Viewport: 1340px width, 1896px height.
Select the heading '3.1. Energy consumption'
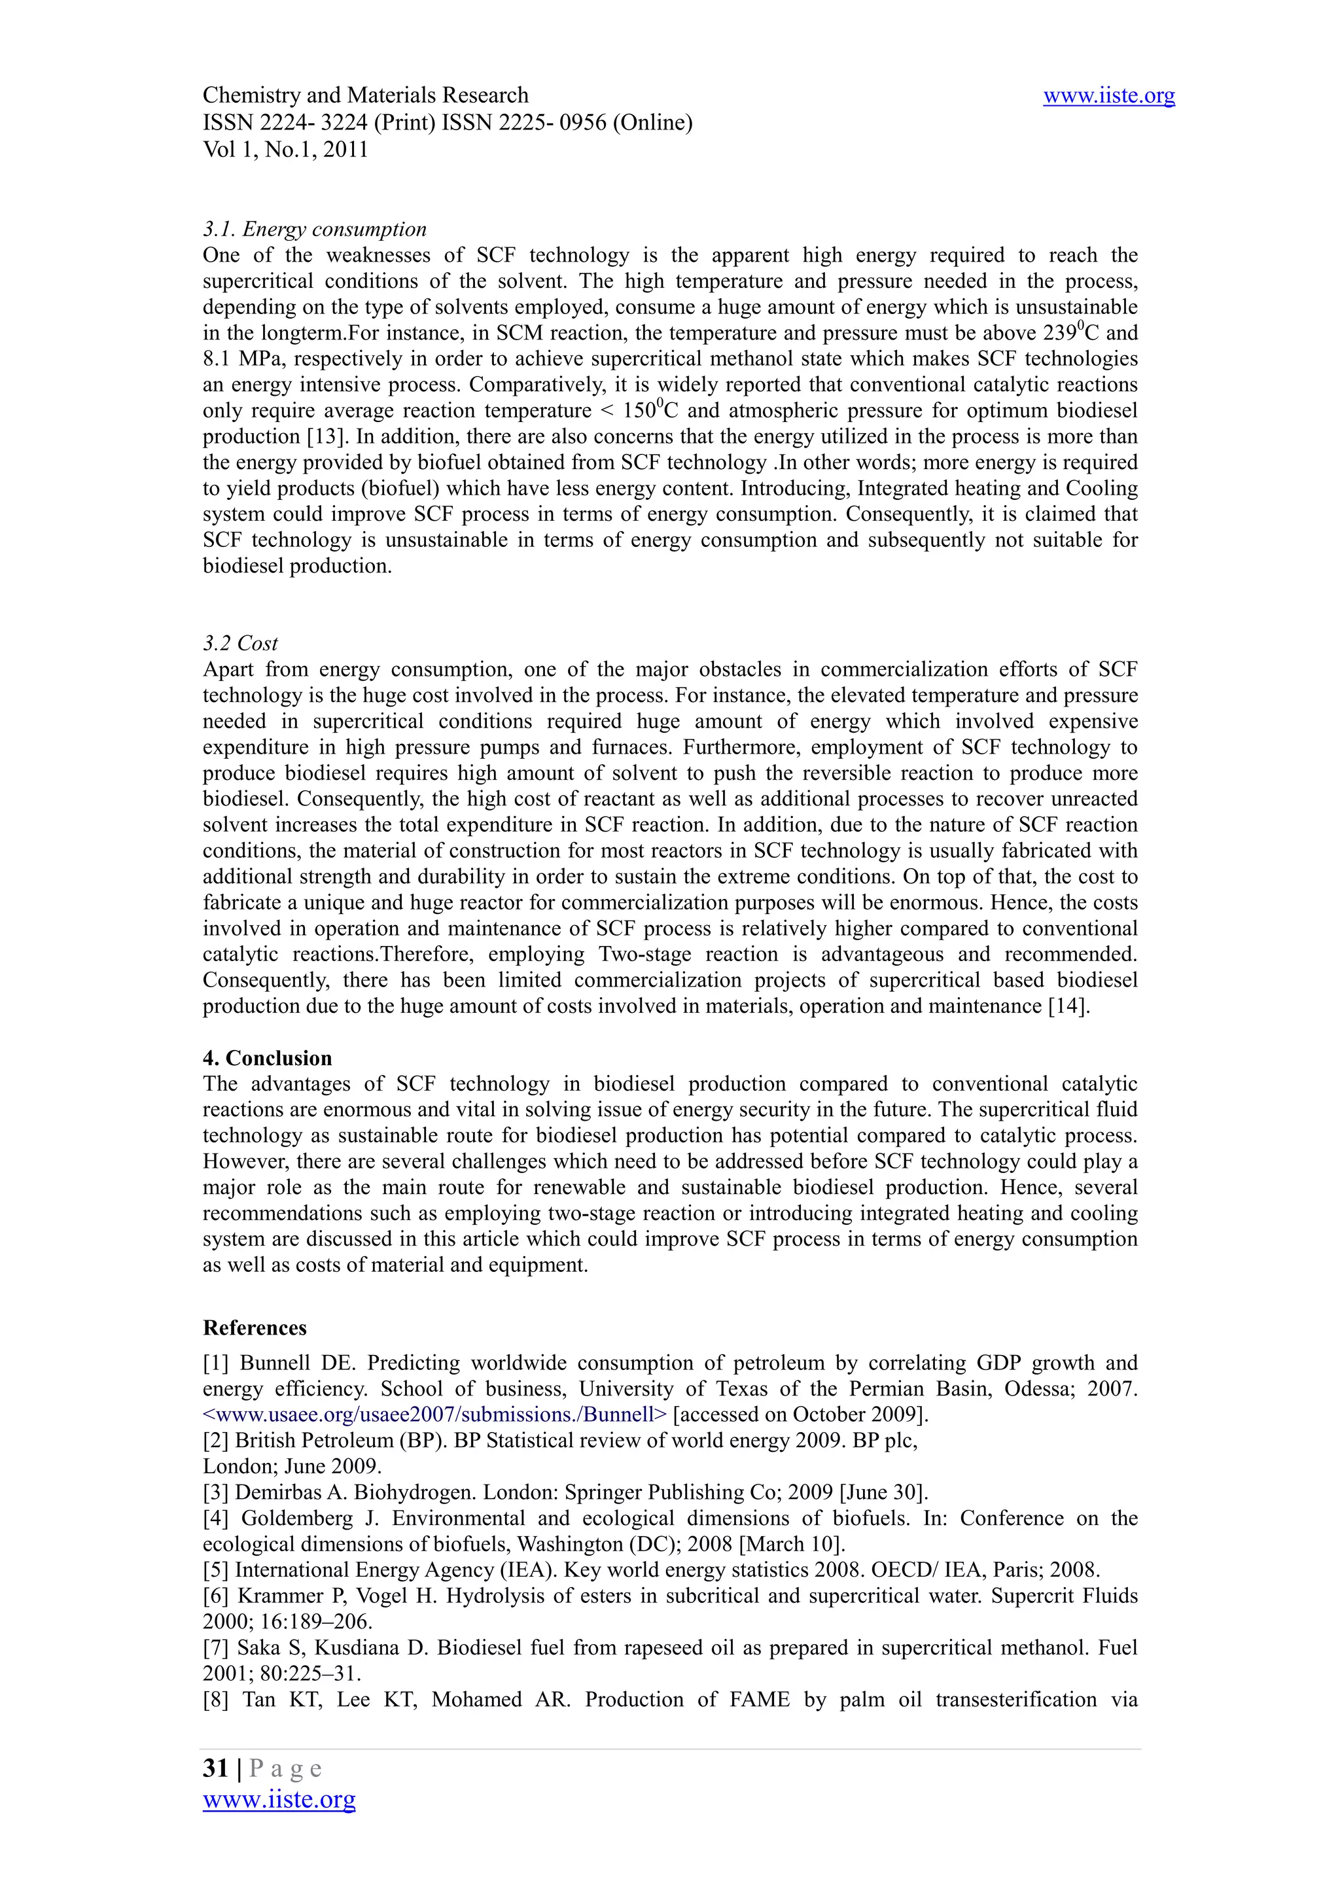click(x=315, y=229)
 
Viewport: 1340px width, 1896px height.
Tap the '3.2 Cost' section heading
click(x=240, y=642)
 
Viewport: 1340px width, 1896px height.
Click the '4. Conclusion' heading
click(x=268, y=1058)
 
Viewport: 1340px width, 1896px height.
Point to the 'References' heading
click(x=255, y=1327)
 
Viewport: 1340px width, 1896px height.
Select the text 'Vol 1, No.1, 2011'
click(x=285, y=149)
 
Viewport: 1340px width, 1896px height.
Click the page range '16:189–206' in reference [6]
click(x=315, y=1621)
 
